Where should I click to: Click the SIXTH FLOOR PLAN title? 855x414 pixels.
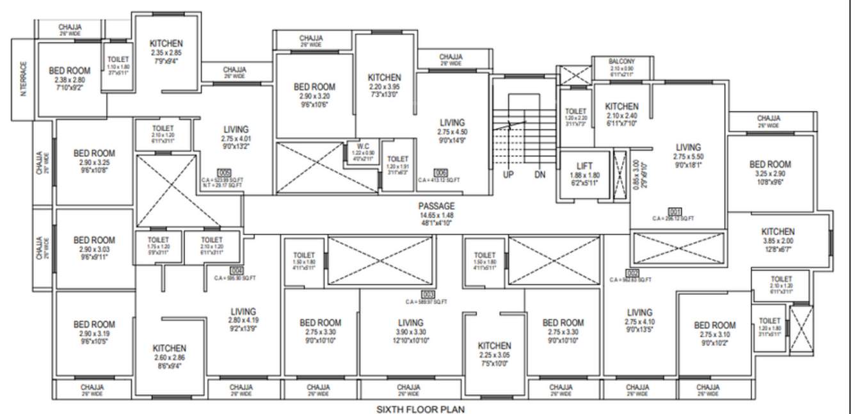point(420,408)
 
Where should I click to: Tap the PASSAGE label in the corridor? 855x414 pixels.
point(436,206)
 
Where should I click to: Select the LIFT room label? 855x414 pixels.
point(585,166)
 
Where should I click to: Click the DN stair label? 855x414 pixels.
point(539,174)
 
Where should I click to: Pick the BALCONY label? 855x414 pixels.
point(621,61)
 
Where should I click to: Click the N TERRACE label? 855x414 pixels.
point(24,79)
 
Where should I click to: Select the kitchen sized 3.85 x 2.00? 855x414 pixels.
point(778,232)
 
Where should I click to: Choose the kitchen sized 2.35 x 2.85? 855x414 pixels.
point(166,43)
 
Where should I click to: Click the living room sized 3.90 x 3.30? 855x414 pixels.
point(410,322)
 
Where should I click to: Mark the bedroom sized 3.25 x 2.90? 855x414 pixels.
point(770,164)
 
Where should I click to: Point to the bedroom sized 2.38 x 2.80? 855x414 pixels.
point(70,70)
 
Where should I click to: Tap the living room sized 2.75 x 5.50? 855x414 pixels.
point(688,147)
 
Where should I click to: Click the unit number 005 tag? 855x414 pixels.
point(224,173)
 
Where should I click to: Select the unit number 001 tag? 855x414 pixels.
point(674,211)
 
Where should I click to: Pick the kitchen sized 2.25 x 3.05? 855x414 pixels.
point(494,346)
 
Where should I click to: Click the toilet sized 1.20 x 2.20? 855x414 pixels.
point(576,111)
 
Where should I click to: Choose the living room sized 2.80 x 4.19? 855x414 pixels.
point(243,312)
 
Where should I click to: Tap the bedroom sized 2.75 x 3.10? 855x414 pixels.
point(714,325)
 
